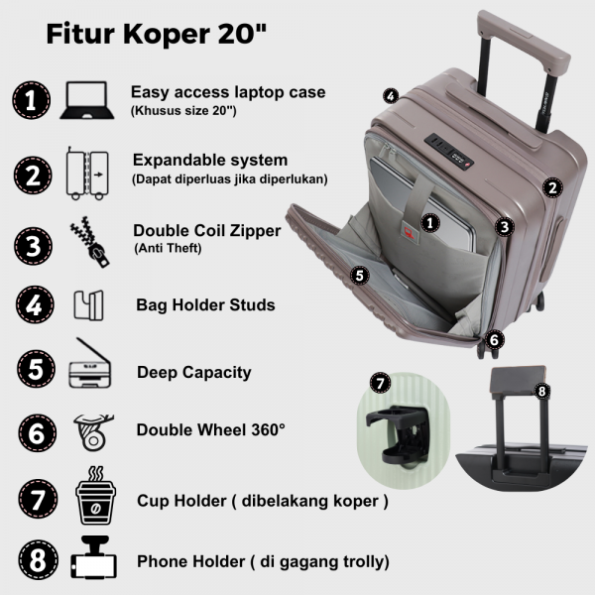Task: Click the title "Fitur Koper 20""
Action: tap(157, 34)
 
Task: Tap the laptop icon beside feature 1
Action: tap(87, 100)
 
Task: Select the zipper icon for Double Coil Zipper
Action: tap(89, 242)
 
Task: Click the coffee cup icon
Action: tap(95, 496)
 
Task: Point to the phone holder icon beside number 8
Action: tap(93, 557)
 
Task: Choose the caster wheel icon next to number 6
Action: tap(93, 432)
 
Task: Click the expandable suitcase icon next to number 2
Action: tap(87, 174)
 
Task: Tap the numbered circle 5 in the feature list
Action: tap(36, 369)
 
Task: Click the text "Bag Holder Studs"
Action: tap(205, 305)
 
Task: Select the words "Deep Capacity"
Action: tap(194, 372)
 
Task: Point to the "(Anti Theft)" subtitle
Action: tap(168, 248)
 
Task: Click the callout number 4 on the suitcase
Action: tap(391, 95)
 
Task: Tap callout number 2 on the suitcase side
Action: tap(552, 187)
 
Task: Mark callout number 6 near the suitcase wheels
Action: tap(494, 339)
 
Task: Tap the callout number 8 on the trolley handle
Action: tap(541, 391)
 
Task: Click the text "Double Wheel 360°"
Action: tap(210, 430)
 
